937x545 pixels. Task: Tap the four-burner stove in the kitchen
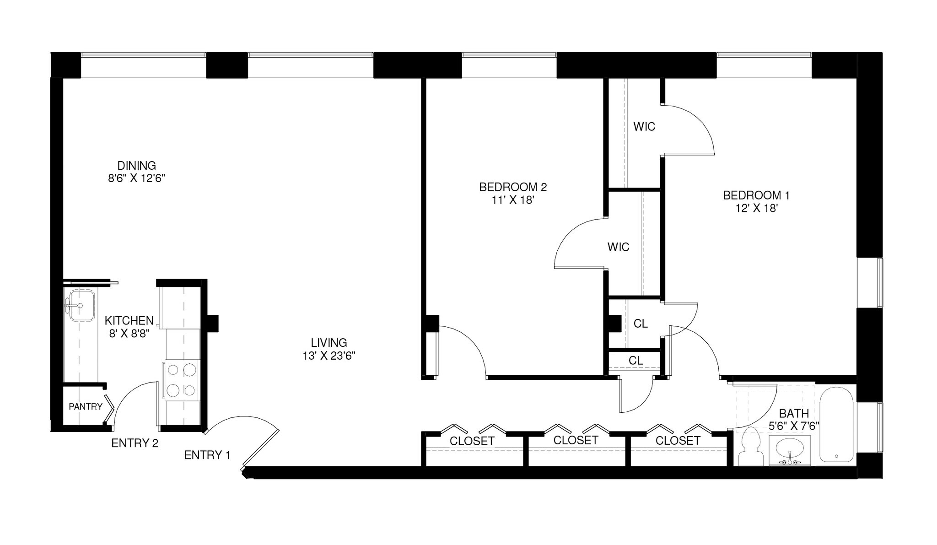(x=181, y=379)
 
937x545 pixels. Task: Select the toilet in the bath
(x=750, y=448)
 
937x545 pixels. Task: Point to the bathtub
(x=836, y=424)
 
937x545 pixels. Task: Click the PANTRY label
(x=86, y=406)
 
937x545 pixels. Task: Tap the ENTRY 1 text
(x=207, y=455)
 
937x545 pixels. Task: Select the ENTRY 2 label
(x=135, y=443)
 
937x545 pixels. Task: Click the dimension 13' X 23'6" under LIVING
(x=328, y=356)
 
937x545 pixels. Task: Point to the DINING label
(x=136, y=165)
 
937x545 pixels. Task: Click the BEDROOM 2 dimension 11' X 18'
(x=512, y=200)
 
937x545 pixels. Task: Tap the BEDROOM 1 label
(x=756, y=195)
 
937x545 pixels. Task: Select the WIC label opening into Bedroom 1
(x=644, y=127)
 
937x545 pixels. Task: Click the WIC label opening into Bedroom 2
(x=618, y=247)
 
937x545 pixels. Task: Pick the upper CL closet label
(x=641, y=324)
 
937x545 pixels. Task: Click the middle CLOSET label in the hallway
(x=576, y=440)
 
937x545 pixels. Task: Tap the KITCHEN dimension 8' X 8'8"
(x=129, y=334)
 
